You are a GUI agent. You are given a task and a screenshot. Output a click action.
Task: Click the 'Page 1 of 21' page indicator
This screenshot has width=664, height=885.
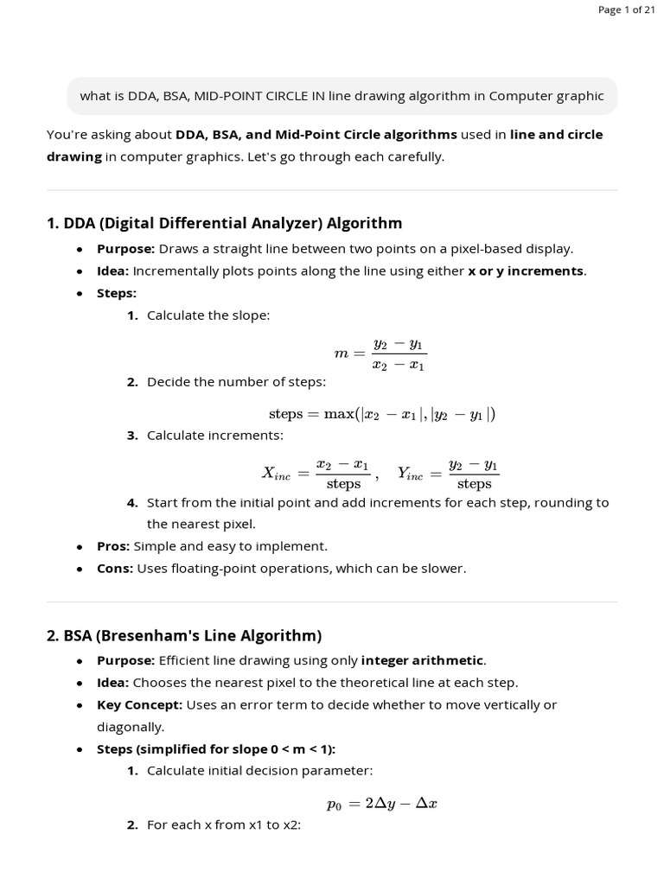coord(626,10)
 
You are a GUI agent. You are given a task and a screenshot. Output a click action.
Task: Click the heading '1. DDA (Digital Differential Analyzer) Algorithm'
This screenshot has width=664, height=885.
coord(225,223)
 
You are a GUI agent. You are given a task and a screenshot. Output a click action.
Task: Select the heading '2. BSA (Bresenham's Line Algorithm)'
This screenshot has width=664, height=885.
coord(184,636)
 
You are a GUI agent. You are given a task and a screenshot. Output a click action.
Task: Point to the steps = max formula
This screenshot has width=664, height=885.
coord(381,414)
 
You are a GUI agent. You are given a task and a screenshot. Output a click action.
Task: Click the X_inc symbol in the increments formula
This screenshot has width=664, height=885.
coord(277,474)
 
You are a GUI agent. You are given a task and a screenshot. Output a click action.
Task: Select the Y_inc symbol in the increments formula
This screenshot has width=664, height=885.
coord(411,474)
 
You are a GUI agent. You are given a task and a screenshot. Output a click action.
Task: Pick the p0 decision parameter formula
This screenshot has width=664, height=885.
coord(381,804)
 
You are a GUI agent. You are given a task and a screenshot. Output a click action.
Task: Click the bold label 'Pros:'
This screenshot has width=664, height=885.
coord(113,546)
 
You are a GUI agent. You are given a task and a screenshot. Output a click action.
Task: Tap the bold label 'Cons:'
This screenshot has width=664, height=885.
coord(115,569)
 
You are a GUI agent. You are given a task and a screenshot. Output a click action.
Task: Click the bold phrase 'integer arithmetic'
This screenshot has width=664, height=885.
coord(422,660)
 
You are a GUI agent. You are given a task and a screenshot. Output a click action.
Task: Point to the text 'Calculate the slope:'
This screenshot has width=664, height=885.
coord(208,315)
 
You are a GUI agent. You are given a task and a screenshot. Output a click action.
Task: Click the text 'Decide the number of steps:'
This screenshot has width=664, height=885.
coord(236,381)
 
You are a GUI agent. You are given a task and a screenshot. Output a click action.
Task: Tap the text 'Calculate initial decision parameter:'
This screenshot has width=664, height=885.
coord(259,770)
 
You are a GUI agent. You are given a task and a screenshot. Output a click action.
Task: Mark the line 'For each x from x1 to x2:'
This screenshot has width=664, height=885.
coord(223,825)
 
